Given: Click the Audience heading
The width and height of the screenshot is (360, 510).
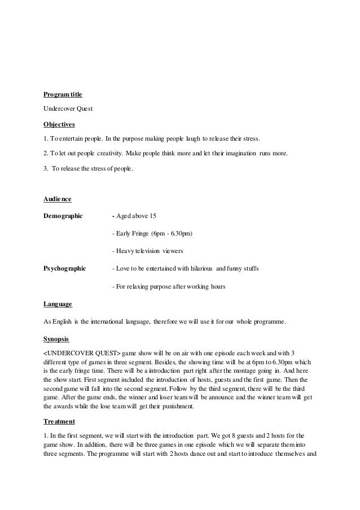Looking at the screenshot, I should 58,199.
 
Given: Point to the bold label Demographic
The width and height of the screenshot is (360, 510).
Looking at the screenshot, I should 63,215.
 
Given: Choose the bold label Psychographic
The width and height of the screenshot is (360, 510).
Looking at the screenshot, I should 65,269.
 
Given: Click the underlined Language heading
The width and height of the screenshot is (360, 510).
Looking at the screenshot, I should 58,304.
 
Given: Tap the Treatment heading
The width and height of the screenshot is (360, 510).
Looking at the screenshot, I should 58,421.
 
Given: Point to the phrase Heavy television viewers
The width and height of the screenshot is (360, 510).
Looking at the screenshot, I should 147,250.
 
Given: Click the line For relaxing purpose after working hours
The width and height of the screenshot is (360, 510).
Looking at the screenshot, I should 169,286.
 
